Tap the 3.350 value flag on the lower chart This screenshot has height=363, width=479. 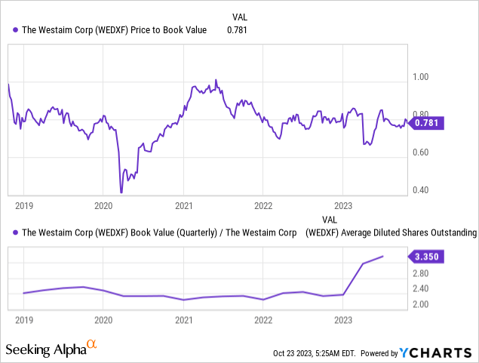427,257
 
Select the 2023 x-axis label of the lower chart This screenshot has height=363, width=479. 343,319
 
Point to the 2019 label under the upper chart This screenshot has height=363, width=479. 24,205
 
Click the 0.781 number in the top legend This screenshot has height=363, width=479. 238,30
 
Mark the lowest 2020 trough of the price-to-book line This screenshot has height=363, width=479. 121,192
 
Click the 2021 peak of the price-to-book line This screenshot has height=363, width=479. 216,79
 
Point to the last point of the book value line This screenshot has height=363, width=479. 383,257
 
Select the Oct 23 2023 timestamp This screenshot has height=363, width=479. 317,353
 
